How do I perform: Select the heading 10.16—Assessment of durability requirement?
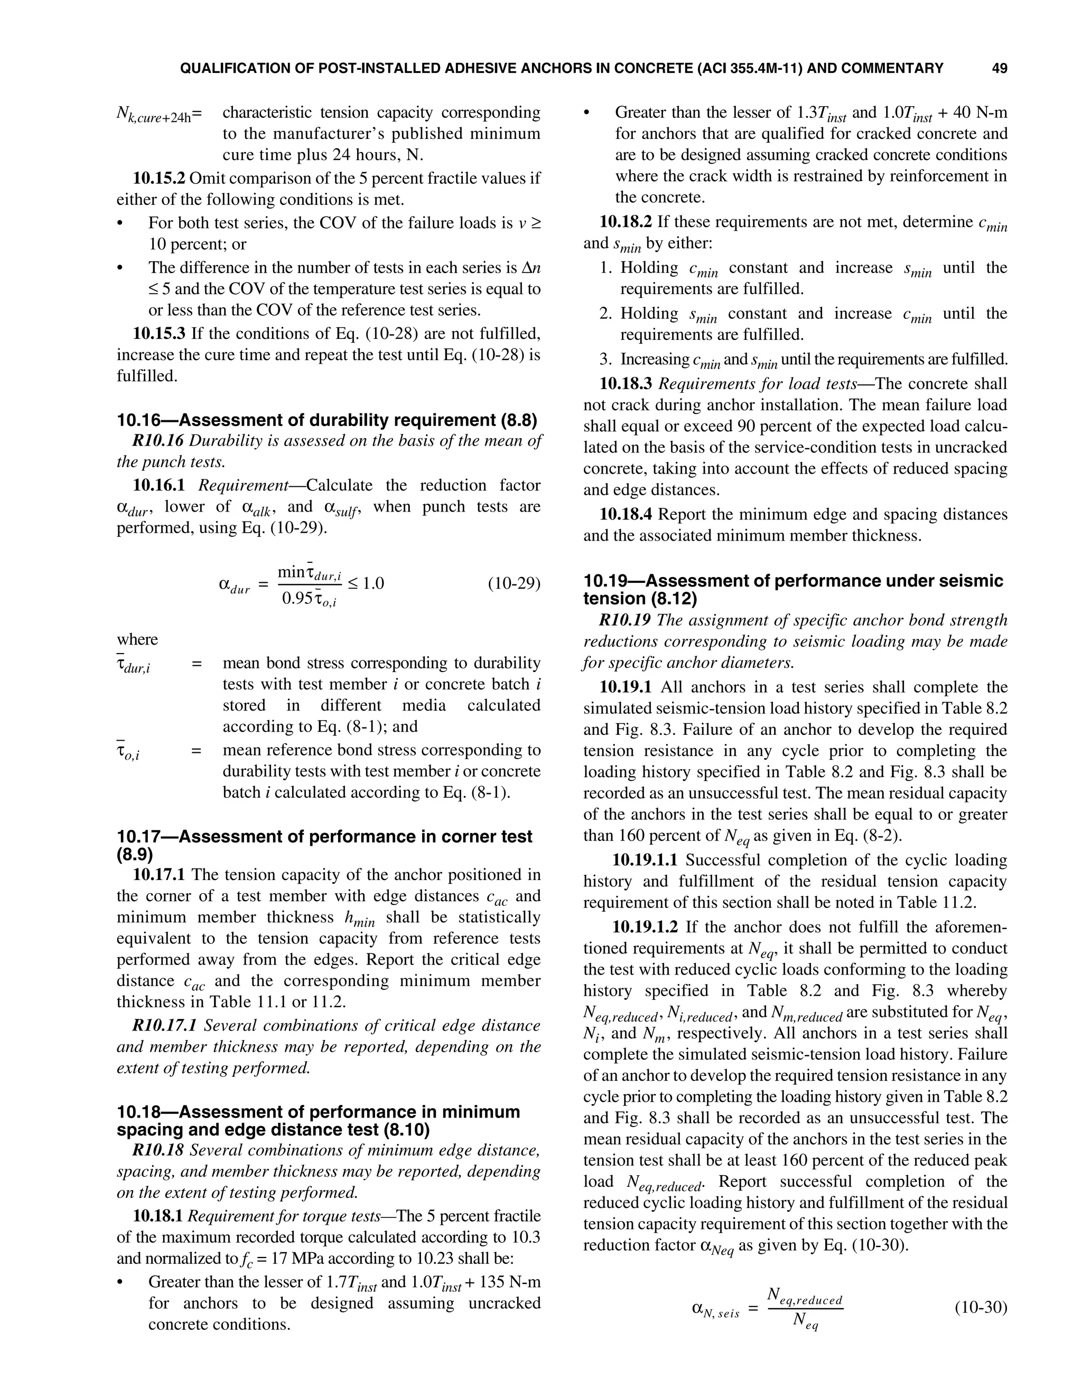pyautogui.click(x=327, y=420)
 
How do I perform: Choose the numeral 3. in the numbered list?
pyautogui.click(x=607, y=360)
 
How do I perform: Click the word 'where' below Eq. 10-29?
pyautogui.click(x=137, y=639)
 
